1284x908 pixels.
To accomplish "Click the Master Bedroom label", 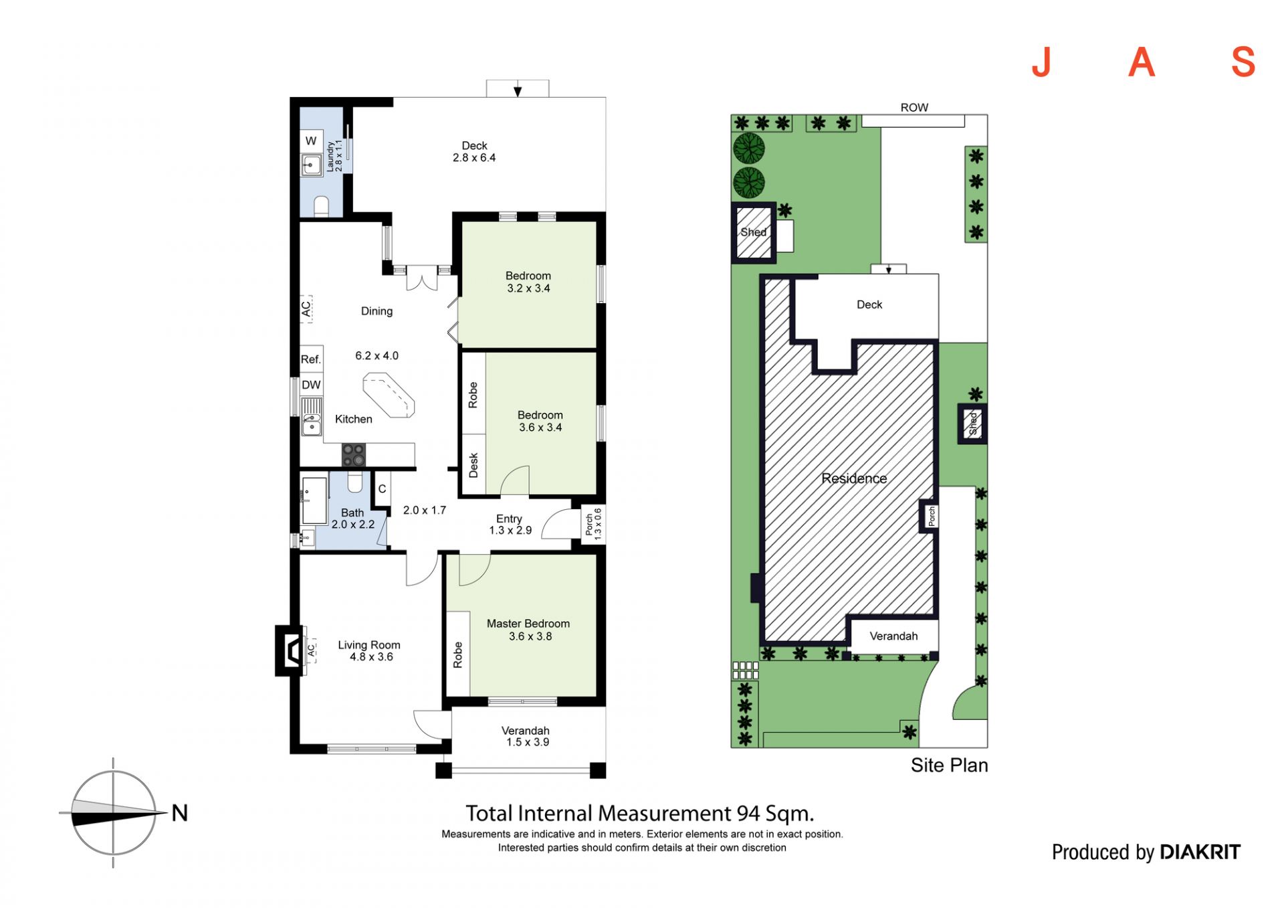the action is click(x=528, y=624).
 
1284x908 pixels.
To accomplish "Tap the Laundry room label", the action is click(x=330, y=156).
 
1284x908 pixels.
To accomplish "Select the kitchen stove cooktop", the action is click(x=354, y=455).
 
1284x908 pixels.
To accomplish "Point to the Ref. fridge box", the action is click(x=312, y=359).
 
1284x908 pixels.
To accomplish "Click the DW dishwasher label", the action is click(x=311, y=385).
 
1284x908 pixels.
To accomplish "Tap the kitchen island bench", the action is click(x=389, y=395).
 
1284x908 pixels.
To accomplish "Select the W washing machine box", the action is click(x=311, y=141).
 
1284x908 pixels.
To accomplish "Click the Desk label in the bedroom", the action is click(x=473, y=465).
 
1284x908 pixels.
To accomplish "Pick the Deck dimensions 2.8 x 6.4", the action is click(x=474, y=158).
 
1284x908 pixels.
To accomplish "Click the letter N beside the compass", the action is click(x=179, y=812).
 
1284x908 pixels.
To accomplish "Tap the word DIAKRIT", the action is click(x=1200, y=852).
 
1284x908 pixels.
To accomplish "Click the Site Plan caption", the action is click(x=949, y=765).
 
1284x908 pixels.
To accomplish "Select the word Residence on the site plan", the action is click(x=854, y=478).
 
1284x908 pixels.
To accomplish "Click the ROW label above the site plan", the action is click(x=914, y=108).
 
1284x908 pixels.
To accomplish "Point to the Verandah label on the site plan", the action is click(x=893, y=636).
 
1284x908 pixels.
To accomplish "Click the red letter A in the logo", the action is click(x=1142, y=62).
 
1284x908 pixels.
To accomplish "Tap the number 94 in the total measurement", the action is click(x=748, y=813).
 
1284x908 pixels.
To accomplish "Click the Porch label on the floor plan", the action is click(x=588, y=525).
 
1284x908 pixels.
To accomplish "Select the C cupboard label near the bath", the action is click(x=382, y=489).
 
